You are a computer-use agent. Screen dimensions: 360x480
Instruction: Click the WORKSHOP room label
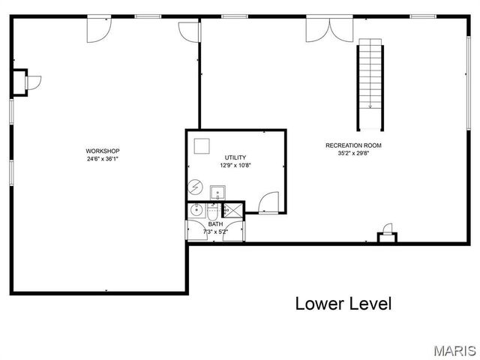pos(103,151)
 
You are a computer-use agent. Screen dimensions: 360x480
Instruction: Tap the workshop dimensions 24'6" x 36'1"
pos(103,158)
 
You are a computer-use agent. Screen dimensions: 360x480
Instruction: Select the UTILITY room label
pos(235,157)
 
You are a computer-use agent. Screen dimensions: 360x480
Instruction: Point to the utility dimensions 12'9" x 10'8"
pos(235,165)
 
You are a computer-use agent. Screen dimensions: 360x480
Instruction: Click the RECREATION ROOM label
pos(353,145)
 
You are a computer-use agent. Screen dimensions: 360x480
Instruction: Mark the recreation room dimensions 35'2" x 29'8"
pos(353,153)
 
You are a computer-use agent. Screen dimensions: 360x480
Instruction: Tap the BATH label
pos(215,224)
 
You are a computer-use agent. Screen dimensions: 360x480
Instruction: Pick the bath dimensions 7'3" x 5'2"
pos(215,232)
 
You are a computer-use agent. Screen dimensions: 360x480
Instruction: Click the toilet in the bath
pos(212,210)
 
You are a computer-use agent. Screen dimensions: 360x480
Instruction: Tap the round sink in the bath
pos(196,210)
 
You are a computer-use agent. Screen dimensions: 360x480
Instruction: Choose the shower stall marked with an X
pos(233,210)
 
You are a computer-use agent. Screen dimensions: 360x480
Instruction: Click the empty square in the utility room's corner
pos(201,145)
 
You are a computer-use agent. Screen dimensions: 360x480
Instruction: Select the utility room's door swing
pos(268,203)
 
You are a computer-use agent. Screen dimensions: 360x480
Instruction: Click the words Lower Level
pos(343,304)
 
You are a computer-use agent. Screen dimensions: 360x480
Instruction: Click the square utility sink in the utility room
pos(218,192)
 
